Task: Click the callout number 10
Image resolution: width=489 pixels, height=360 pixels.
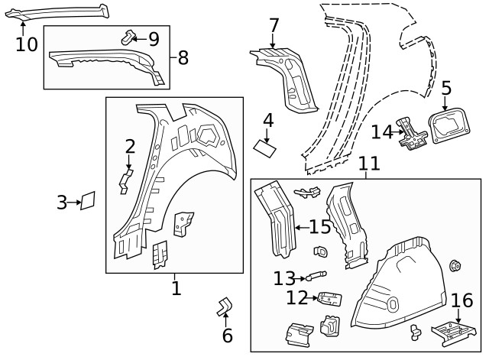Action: (27, 44)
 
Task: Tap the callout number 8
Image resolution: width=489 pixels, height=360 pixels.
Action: (183, 58)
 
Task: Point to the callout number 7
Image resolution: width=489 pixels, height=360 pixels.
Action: (274, 26)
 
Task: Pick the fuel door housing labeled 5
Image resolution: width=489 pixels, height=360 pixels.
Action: (449, 125)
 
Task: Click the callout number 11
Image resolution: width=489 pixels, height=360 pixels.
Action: (369, 164)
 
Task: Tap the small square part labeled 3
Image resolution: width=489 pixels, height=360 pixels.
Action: (88, 200)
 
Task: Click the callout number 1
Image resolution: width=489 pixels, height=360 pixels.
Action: (176, 288)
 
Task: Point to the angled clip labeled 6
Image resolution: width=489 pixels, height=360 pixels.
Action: (225, 307)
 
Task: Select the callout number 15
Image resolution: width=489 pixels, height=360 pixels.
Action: (320, 226)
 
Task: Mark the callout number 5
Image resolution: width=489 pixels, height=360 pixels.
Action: (446, 89)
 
